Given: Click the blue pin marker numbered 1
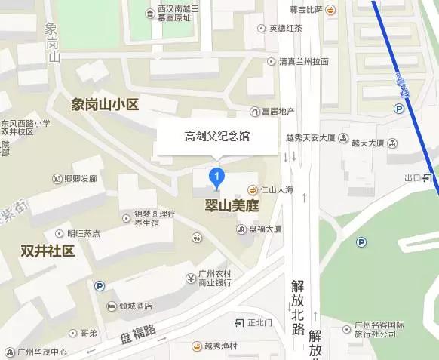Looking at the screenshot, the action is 218,178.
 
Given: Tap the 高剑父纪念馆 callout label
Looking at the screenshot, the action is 217,137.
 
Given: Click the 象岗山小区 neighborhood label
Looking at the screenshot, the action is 105,105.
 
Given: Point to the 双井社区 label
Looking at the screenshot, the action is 48,251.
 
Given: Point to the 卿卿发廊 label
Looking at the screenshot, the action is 81,179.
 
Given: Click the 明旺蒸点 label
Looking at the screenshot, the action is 83,233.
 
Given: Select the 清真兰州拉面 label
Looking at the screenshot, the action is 302,62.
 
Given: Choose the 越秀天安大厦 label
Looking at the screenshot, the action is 310,138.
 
